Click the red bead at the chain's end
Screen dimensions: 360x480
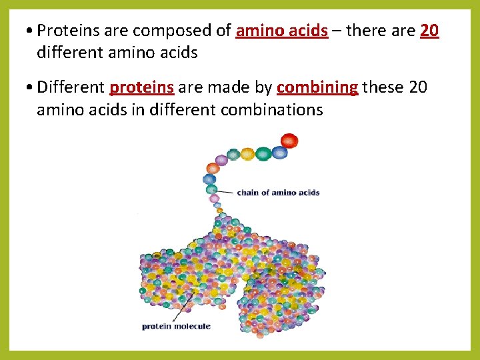pos(289,141)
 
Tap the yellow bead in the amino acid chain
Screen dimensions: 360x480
pos(247,154)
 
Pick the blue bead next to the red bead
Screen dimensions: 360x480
pos(279,153)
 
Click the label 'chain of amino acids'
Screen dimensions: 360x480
pos(278,193)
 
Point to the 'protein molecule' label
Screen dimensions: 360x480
pos(175,326)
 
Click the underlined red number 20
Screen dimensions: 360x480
pos(429,31)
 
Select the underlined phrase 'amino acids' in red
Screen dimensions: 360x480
pos(281,31)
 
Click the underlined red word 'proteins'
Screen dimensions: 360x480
pos(142,87)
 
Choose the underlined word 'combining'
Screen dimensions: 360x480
pos(317,87)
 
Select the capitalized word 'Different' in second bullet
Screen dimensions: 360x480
pos(71,87)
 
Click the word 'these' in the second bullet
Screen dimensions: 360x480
pos(383,87)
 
